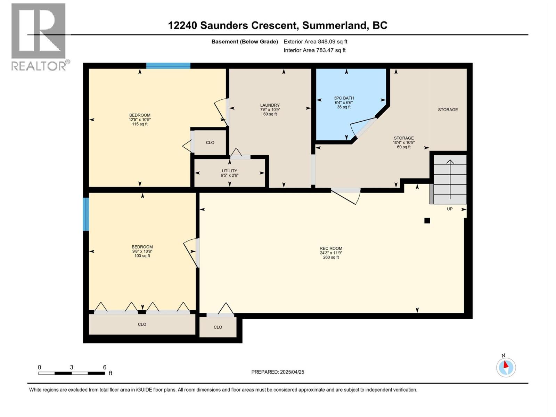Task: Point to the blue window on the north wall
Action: (x=168, y=66)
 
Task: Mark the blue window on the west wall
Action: (x=86, y=214)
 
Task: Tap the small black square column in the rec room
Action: (x=427, y=221)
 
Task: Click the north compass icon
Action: (x=506, y=367)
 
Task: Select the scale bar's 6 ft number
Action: (x=105, y=367)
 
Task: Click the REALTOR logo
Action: (x=39, y=36)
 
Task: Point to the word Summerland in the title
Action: (x=334, y=25)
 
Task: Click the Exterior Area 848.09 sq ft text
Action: (x=315, y=42)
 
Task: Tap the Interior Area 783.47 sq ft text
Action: (x=314, y=50)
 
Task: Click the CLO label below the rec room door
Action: (x=218, y=327)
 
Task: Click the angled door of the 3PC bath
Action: (x=363, y=127)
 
